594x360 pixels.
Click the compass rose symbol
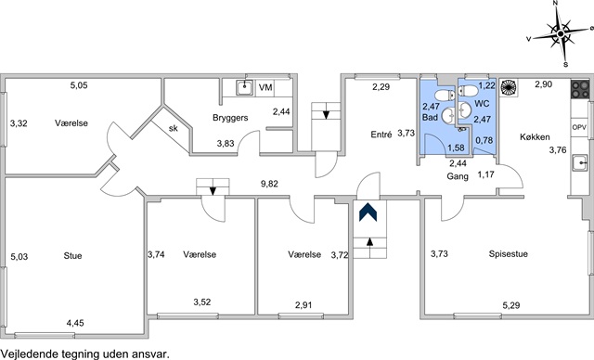click(561, 33)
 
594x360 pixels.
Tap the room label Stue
click(72, 256)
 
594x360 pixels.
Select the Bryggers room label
click(230, 118)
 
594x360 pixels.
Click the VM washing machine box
click(265, 87)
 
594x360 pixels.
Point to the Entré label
click(381, 135)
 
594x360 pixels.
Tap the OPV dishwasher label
click(579, 127)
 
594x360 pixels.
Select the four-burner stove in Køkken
click(580, 90)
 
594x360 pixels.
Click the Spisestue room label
click(508, 254)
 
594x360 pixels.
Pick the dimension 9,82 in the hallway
click(269, 184)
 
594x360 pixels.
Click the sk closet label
click(174, 128)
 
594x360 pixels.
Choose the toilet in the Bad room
click(445, 95)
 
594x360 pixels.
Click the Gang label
click(458, 176)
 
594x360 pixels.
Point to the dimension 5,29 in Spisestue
click(511, 305)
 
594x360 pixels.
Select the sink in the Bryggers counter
click(245, 88)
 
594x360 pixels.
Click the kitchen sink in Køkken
click(579, 162)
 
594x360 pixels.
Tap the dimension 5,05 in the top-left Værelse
click(79, 85)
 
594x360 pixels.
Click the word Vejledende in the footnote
click(25, 354)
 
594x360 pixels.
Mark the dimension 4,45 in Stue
click(75, 323)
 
